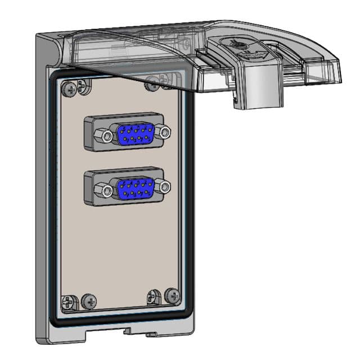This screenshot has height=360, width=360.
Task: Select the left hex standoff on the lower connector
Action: click(103, 190)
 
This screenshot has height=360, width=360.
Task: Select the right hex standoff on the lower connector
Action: click(163, 186)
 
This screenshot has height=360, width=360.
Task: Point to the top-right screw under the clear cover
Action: click(151, 85)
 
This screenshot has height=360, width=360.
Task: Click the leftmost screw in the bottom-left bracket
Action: click(69, 302)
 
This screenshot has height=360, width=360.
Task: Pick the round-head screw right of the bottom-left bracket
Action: click(88, 301)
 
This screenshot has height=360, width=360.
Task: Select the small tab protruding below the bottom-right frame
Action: click(150, 335)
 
